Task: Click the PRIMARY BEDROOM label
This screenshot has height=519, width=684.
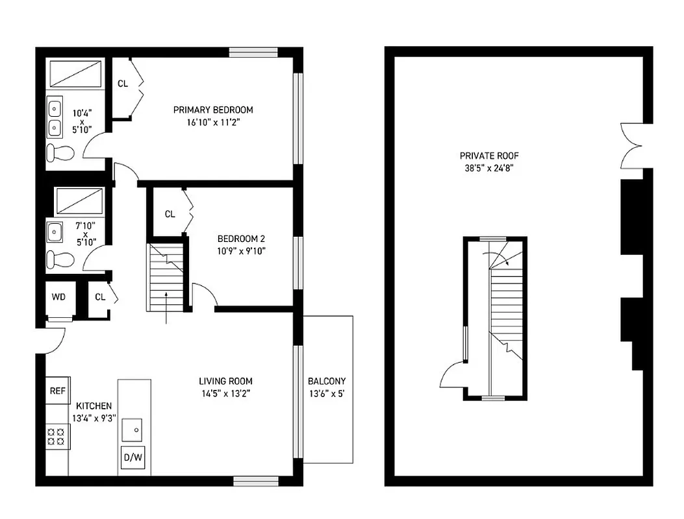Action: tap(213, 110)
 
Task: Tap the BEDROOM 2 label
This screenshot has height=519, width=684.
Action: tap(241, 238)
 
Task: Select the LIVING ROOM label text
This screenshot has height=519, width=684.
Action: tap(225, 381)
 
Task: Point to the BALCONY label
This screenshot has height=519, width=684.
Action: tap(327, 381)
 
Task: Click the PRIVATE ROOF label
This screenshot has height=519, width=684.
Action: tap(489, 156)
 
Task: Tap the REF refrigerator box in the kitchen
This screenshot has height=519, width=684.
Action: tap(58, 391)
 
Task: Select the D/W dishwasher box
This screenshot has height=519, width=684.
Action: tap(133, 457)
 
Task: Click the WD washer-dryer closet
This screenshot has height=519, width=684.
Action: tap(58, 297)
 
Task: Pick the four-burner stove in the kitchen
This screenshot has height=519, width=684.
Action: tap(57, 435)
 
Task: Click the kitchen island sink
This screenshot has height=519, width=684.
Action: tap(136, 429)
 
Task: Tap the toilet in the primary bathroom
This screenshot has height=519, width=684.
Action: tap(60, 152)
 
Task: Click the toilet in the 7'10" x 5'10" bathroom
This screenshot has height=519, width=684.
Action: tap(60, 259)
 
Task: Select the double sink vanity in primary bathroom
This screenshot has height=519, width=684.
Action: tap(55, 116)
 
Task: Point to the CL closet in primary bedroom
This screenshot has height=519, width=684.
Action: tap(122, 84)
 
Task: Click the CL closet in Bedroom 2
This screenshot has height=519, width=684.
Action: tap(170, 213)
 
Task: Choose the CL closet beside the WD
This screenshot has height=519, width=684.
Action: tap(100, 297)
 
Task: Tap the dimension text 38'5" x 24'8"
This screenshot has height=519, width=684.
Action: tap(489, 168)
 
